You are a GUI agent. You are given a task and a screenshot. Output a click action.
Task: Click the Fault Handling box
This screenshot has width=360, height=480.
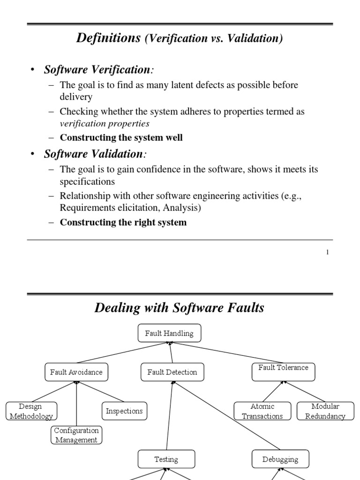(x=169, y=333)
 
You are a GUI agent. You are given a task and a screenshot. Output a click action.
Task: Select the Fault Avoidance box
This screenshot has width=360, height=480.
(x=76, y=372)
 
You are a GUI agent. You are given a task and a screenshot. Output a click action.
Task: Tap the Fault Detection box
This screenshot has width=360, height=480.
(x=172, y=372)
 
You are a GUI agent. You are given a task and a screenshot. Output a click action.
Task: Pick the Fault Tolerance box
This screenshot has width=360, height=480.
(x=283, y=371)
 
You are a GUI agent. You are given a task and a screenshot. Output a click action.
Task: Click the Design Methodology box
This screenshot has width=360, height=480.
(x=30, y=411)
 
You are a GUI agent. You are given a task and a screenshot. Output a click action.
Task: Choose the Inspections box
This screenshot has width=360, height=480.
(x=124, y=411)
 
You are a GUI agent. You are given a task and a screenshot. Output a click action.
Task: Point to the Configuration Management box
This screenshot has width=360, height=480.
(x=76, y=435)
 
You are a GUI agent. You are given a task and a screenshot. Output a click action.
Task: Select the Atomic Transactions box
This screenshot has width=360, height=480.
(x=262, y=411)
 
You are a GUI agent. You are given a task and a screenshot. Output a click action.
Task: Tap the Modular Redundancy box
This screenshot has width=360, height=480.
(x=325, y=411)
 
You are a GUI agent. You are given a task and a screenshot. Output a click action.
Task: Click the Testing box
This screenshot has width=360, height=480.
(x=166, y=459)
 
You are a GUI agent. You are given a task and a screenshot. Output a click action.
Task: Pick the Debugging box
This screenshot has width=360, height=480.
(x=280, y=459)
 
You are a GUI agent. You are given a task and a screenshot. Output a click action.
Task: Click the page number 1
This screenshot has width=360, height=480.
(x=327, y=252)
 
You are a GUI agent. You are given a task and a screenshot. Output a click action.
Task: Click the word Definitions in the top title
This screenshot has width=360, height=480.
(x=108, y=38)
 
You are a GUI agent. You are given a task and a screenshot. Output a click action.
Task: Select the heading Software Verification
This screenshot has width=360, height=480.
(x=96, y=70)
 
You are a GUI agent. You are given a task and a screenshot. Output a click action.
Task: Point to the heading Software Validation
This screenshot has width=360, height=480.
(x=93, y=154)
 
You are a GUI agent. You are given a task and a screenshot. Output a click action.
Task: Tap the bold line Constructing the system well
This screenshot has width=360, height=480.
(x=121, y=138)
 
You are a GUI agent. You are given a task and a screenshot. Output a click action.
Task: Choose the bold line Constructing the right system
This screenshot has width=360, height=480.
(x=123, y=222)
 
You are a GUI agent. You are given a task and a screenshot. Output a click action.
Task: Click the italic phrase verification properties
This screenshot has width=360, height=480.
(x=105, y=124)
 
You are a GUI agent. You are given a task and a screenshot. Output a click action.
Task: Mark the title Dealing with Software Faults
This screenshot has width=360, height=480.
(x=180, y=308)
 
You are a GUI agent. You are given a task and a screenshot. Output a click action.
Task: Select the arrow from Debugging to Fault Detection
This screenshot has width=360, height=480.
(x=227, y=415)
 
